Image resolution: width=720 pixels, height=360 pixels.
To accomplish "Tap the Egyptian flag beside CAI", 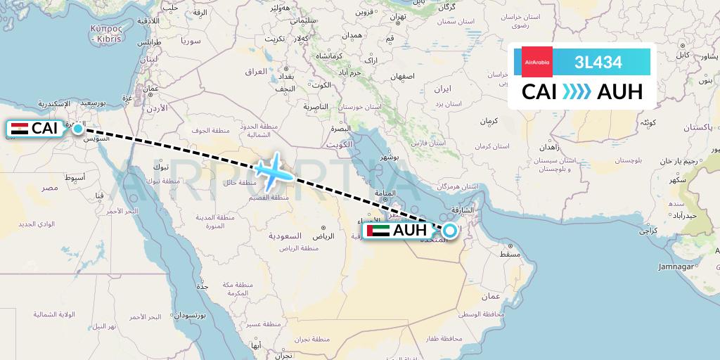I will tap(20, 129).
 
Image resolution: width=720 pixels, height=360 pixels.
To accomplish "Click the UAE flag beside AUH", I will tap(378, 231).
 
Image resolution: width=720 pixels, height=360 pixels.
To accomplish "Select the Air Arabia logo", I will tap(537, 62).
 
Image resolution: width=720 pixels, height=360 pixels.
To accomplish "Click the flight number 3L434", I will tap(598, 63).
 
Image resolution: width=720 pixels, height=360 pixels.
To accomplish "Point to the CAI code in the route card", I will tap(540, 92).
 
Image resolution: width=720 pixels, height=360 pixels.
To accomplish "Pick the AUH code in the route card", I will tap(619, 92).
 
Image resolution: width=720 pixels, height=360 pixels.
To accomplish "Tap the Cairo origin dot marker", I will tap(78, 129).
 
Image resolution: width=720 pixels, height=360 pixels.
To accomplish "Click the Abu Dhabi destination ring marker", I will tap(449, 229).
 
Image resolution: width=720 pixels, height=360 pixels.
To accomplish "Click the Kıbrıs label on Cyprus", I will tap(106, 39).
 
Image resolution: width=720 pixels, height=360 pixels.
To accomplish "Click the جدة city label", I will tap(202, 287).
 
